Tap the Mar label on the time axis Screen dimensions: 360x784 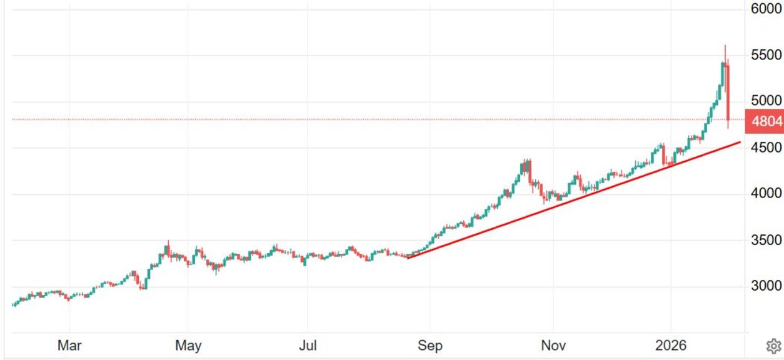coord(69,346)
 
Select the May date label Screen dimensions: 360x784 coord(188,346)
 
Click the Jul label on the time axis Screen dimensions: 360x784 coord(308,346)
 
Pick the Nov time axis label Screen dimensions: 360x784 coord(553,346)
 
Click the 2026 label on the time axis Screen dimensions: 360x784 coord(671,346)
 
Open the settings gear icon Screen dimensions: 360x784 coord(773,346)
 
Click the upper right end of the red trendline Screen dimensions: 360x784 coord(740,142)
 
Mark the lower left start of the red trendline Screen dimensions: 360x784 coord(408,257)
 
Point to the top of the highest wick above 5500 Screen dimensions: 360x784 coord(725,46)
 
